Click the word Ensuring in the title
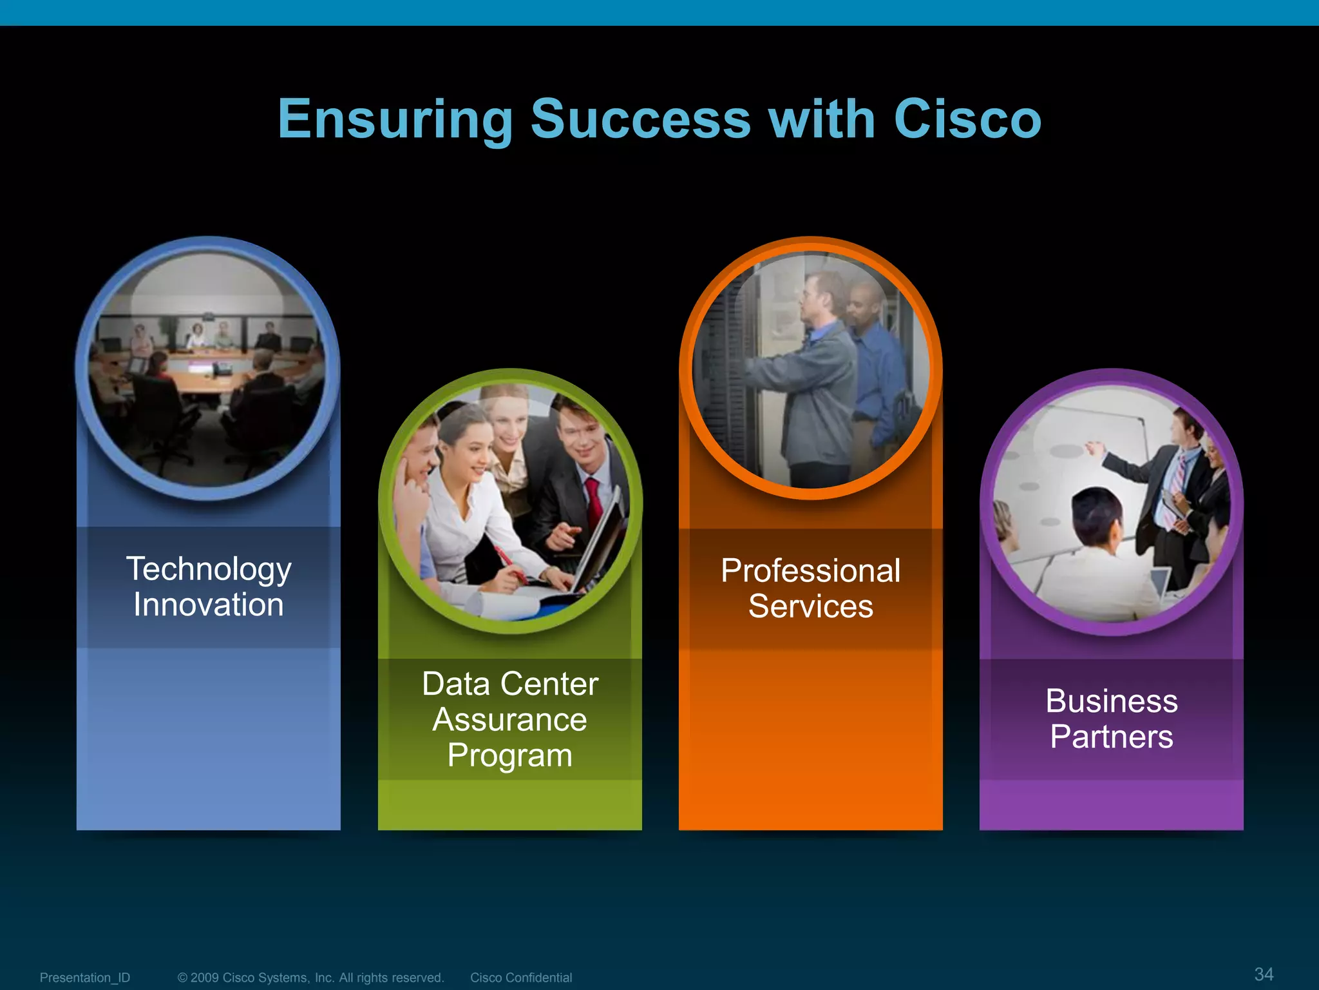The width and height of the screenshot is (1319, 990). (395, 120)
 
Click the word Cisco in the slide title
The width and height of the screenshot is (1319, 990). (967, 120)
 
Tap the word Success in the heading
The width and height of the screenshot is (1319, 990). (640, 120)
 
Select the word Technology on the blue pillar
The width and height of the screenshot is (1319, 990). (209, 569)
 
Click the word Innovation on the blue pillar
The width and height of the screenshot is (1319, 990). (209, 605)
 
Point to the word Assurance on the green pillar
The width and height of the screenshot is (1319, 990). (509, 720)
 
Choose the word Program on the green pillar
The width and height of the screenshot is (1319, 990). (509, 756)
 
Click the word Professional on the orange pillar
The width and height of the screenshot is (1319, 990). (810, 571)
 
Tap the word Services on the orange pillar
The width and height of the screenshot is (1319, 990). (810, 607)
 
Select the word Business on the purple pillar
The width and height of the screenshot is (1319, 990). (1111, 701)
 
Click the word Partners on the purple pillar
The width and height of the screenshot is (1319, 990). (1111, 737)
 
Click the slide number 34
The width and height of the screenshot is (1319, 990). (1264, 974)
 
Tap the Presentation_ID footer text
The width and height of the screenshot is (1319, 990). (84, 978)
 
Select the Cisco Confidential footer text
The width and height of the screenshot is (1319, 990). (520, 978)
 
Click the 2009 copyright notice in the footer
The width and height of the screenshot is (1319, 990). (310, 978)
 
